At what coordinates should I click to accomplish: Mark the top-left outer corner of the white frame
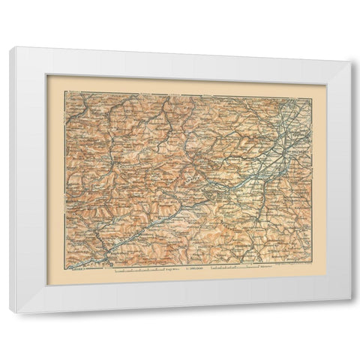(x=10, y=47)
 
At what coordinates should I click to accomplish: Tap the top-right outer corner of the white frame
(x=350, y=63)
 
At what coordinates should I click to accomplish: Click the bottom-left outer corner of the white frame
(x=10, y=312)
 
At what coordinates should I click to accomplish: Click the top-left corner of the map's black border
(x=64, y=91)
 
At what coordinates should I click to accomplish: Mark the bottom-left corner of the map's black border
(x=64, y=267)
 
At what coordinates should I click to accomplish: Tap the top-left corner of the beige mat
(x=47, y=74)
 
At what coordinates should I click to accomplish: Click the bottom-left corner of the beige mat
(x=47, y=285)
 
